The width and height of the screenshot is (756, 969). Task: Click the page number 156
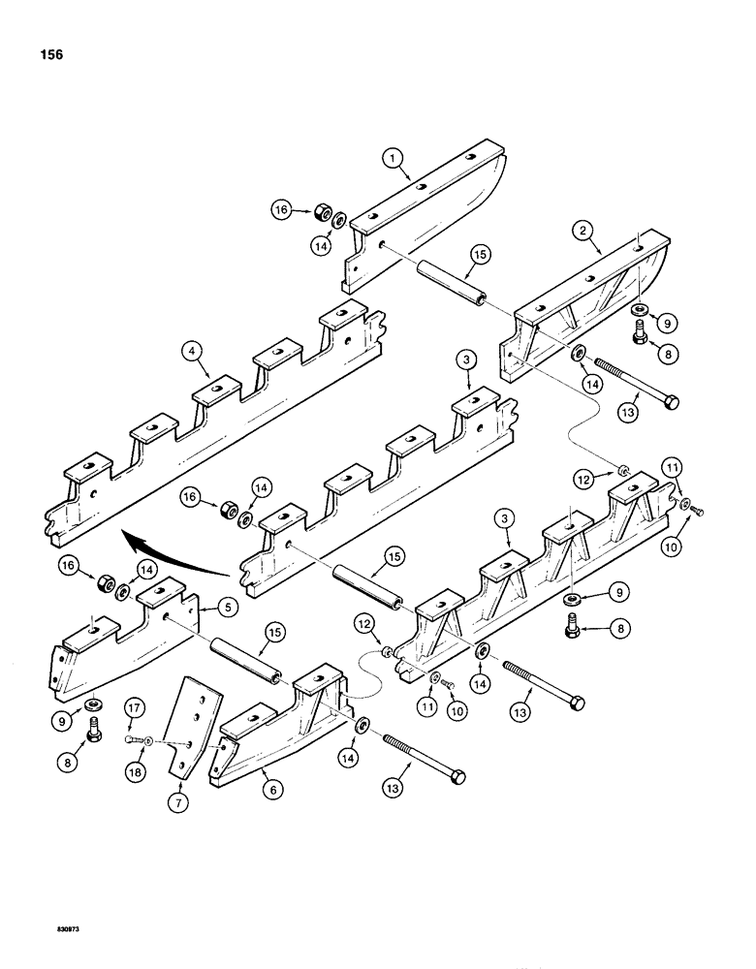51,55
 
